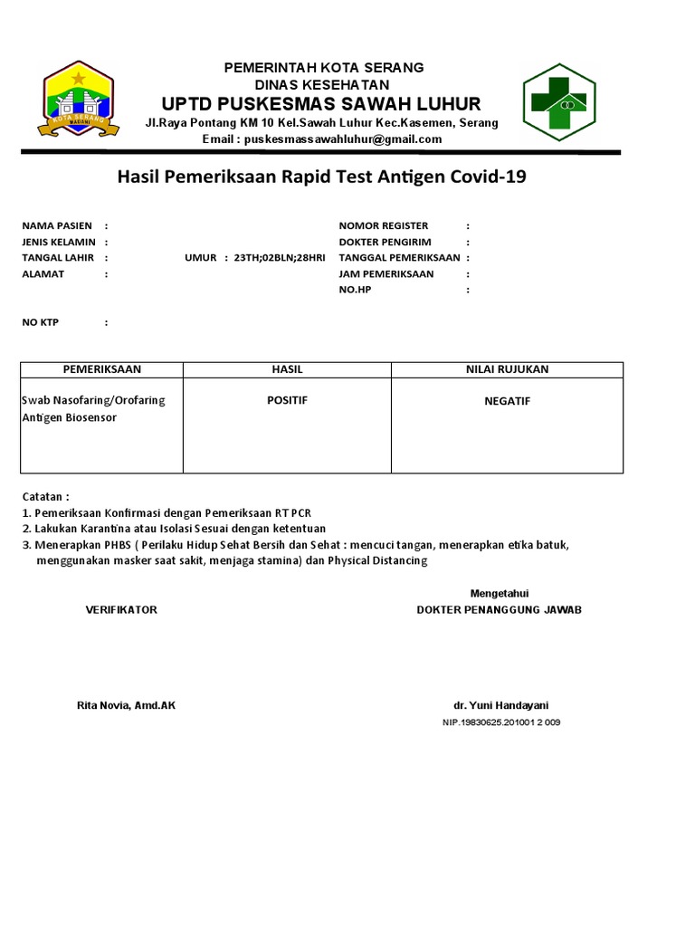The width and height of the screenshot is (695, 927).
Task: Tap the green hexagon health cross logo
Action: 558,102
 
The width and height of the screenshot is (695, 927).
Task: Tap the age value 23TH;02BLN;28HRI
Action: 279,258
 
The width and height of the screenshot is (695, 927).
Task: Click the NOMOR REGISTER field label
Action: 384,225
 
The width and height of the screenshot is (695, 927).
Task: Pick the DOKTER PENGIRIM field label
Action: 385,242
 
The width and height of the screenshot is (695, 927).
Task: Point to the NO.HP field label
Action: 355,290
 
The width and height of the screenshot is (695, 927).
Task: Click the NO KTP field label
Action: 41,322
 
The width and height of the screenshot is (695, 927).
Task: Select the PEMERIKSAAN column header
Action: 101,369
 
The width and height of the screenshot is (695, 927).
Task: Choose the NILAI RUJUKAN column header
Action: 507,369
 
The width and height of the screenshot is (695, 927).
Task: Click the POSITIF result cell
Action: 287,400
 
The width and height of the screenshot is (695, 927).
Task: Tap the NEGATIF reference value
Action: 507,401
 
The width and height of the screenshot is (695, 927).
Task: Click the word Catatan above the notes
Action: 43,497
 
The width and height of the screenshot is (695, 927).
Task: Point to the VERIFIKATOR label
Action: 121,610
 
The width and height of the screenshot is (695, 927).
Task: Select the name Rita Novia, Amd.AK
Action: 126,705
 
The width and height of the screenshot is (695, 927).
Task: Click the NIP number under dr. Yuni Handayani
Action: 501,722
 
